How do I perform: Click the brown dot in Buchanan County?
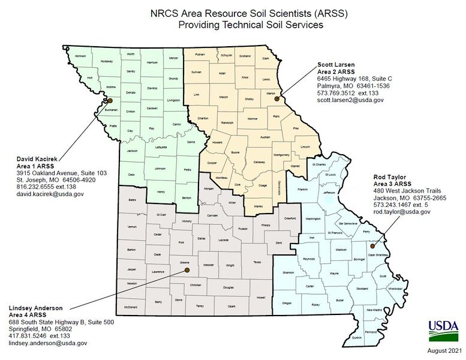pyautogui.click(x=109, y=101)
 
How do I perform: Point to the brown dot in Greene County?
pyautogui.click(x=186, y=269)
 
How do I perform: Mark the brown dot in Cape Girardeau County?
pyautogui.click(x=372, y=245)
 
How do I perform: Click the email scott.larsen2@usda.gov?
pyautogui.click(x=350, y=100)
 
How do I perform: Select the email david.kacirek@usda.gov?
pyautogui.click(x=50, y=194)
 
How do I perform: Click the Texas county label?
pyautogui.click(x=257, y=262)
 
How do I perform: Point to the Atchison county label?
pyautogui.click(x=80, y=56)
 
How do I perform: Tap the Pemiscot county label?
pyautogui.click(x=371, y=332)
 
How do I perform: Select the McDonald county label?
pyautogui.click(x=131, y=307)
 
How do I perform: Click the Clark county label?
pyautogui.click(x=265, y=58)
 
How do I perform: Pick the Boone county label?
pyautogui.click(x=236, y=153)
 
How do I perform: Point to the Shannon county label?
pyautogui.click(x=289, y=272)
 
